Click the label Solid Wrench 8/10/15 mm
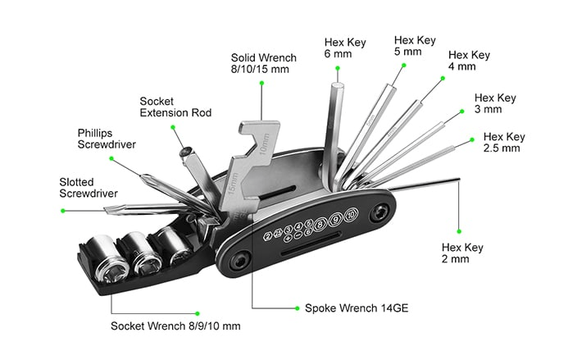(263, 65)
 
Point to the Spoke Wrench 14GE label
(356, 308)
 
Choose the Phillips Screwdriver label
(107, 138)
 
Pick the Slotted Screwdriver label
(84, 188)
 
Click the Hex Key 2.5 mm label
(503, 142)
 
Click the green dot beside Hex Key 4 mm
(441, 79)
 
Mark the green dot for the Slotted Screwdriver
(62, 211)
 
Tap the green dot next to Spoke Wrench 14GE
(295, 308)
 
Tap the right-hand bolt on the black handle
(378, 212)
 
